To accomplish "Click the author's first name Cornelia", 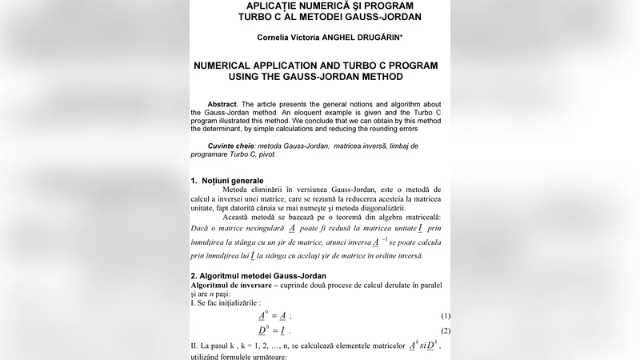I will [x=276, y=37].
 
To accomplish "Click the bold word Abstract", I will [x=222, y=104].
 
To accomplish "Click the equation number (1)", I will [x=446, y=316].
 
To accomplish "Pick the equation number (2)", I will [x=446, y=331].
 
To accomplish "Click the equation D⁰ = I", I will [x=274, y=331].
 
